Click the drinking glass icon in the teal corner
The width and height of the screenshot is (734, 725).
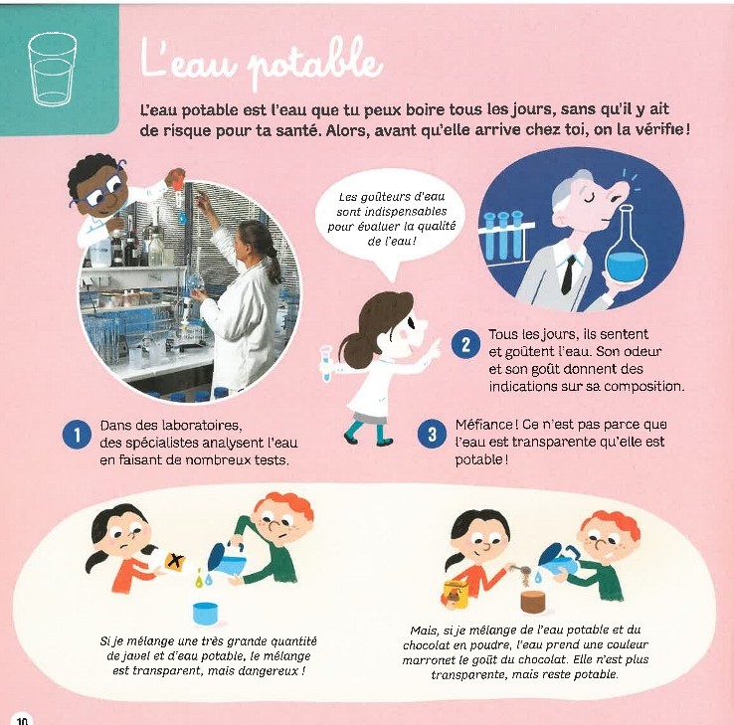click(x=52, y=69)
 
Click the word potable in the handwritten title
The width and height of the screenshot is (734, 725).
click(x=314, y=65)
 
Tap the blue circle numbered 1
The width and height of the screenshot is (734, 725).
click(x=77, y=435)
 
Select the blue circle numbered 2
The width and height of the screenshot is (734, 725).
click(x=465, y=344)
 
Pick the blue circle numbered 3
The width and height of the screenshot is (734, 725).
click(x=432, y=434)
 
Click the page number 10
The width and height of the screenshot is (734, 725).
click(x=23, y=719)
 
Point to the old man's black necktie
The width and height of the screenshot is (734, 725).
click(x=568, y=273)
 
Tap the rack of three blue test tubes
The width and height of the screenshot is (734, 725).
click(x=503, y=234)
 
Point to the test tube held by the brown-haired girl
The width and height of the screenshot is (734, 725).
click(x=326, y=363)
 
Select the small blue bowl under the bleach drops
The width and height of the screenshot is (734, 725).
click(x=206, y=613)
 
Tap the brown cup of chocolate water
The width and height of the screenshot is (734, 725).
click(x=533, y=602)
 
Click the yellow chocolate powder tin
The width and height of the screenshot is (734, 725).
click(x=456, y=594)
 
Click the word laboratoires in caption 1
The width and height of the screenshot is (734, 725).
click(x=201, y=426)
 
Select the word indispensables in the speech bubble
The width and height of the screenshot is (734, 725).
click(x=391, y=212)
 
